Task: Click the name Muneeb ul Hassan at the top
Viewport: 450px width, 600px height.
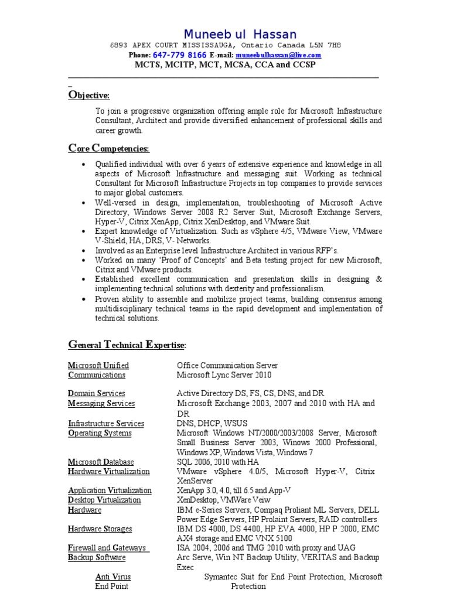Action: click(x=240, y=34)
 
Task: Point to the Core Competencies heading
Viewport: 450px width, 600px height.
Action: click(x=109, y=148)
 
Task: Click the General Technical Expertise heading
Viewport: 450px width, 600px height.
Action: click(x=127, y=345)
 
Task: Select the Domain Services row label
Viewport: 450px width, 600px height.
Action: click(x=97, y=394)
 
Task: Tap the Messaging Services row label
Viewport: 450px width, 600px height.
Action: click(x=101, y=404)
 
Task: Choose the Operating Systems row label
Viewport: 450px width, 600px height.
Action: click(x=100, y=434)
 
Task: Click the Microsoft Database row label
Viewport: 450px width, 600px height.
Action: click(x=101, y=462)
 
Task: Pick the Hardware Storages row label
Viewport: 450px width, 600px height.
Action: click(x=100, y=529)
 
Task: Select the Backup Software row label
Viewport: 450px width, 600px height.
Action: click(x=97, y=558)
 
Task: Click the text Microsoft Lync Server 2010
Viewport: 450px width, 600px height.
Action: click(x=224, y=375)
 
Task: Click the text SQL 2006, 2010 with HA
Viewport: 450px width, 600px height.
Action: click(x=217, y=462)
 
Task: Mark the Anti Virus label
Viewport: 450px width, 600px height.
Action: click(x=113, y=577)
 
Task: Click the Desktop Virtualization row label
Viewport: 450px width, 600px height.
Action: click(x=104, y=500)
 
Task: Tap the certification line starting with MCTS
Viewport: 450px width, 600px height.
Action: click(x=225, y=64)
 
